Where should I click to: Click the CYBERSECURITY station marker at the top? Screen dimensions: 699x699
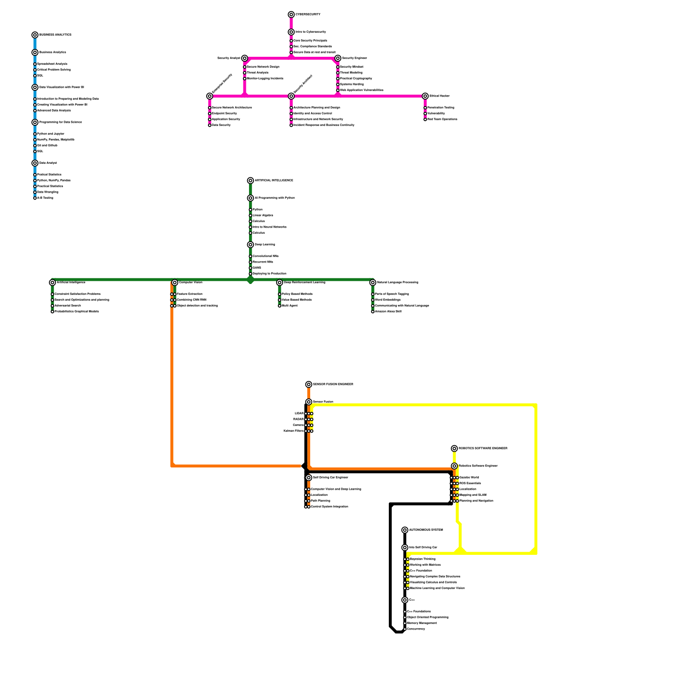[291, 15]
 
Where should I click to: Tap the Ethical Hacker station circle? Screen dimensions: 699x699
[425, 96]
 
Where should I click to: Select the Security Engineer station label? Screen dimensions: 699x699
[354, 58]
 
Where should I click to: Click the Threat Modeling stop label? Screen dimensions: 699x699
[351, 73]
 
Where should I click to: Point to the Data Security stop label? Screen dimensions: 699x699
[221, 125]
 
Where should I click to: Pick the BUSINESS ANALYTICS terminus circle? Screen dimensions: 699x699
[35, 35]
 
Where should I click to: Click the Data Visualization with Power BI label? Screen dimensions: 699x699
[61, 87]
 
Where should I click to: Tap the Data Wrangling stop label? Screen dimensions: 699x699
[48, 192]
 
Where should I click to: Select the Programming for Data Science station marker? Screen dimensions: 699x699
[35, 122]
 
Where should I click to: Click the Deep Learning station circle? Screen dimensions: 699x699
[250, 245]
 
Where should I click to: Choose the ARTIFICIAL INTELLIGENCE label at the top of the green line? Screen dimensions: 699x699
[273, 180]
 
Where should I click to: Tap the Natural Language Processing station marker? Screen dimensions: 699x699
[373, 283]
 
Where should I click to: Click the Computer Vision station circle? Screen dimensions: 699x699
[175, 283]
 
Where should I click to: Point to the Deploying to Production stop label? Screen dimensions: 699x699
[269, 274]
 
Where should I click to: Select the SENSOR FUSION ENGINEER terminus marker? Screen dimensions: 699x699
[309, 384]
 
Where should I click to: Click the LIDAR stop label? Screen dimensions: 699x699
[299, 414]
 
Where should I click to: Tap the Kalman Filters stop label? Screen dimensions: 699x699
[293, 431]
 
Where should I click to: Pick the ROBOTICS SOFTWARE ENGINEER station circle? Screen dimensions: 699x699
[454, 449]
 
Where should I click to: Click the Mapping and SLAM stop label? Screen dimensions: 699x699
[473, 495]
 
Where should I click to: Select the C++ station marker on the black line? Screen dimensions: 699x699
[405, 600]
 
